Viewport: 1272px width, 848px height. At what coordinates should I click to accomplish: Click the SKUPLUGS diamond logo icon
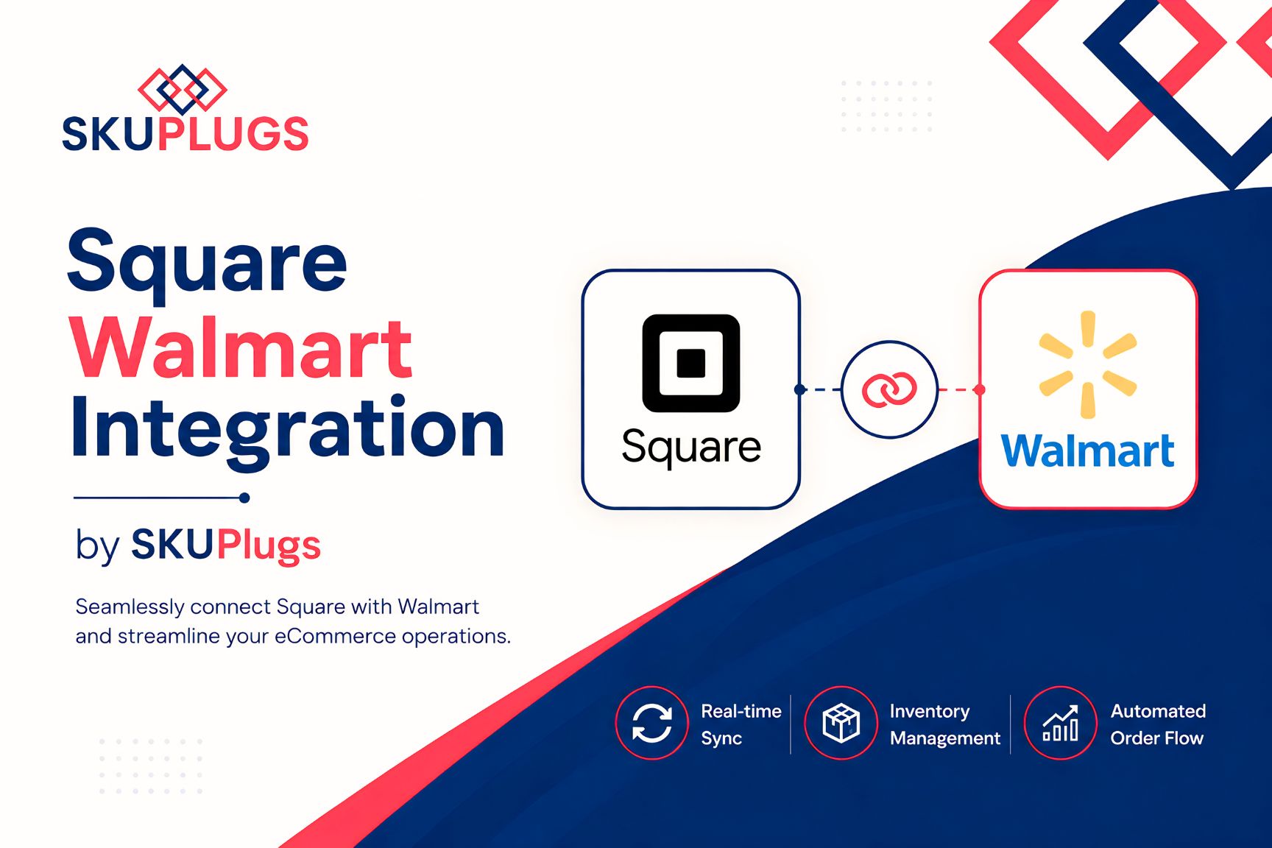coord(183,89)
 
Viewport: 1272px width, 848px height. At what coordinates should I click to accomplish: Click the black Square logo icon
coord(690,363)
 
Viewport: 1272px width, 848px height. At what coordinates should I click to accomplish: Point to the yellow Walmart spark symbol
coord(1087,364)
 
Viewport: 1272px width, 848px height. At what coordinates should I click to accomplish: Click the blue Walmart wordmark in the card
coord(1087,451)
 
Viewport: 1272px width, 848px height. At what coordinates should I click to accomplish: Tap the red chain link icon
coord(889,389)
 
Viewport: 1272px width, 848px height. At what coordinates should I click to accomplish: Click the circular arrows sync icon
coord(651,723)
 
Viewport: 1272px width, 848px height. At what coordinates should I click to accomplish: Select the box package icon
coord(841,723)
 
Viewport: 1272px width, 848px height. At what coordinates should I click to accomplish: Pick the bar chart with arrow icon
coord(1060,724)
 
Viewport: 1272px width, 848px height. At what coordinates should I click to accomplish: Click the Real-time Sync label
coord(741,724)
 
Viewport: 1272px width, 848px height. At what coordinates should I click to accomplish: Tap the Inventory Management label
coord(945,724)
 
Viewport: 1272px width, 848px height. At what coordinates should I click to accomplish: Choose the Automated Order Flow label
coord(1158,724)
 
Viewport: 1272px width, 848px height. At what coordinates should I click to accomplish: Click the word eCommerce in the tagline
coord(335,636)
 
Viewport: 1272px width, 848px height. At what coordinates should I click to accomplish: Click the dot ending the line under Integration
coord(244,498)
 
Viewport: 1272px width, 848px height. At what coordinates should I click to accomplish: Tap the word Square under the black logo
coord(690,447)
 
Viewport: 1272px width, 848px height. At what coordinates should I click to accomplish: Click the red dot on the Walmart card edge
coord(979,389)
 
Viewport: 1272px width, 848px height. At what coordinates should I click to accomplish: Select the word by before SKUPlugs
coord(97,546)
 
